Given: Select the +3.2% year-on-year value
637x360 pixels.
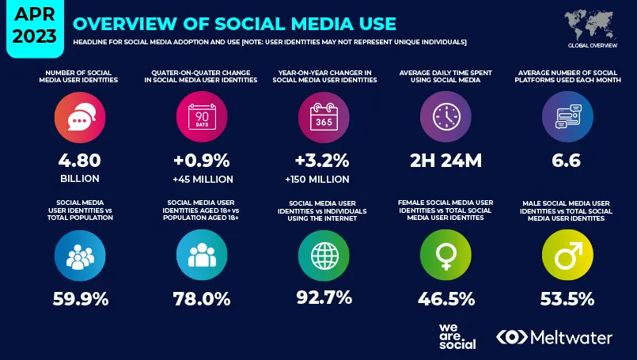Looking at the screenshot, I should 323,160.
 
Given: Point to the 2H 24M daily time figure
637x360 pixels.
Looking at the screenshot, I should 446,161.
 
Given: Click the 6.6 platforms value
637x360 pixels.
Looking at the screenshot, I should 567,161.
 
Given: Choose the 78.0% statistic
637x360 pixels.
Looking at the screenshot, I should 201,299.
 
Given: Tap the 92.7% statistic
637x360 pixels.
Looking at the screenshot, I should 324,299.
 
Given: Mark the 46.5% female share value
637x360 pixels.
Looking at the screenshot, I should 446,299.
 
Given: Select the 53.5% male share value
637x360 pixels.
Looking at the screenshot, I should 567,299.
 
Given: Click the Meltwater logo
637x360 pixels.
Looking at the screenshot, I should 554,337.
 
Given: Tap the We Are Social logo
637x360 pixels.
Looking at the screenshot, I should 457,336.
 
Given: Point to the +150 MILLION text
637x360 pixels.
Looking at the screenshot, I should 323,180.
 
